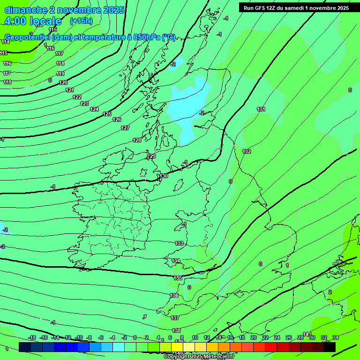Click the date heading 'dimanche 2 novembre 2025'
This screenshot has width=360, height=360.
(64, 10)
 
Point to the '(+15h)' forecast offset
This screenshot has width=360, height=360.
(81, 21)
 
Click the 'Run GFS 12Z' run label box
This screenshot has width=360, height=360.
(296, 8)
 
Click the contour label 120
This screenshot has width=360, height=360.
(63, 82)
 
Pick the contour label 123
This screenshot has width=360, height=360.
(84, 104)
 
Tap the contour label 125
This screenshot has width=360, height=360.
(107, 114)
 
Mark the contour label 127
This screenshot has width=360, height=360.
(125, 128)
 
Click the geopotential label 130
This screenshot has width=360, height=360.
(164, 176)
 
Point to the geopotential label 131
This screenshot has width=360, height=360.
(261, 109)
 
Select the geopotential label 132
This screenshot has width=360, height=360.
(247, 151)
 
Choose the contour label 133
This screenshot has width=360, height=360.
(179, 243)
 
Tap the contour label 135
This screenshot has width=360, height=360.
(178, 278)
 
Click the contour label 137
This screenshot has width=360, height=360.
(175, 318)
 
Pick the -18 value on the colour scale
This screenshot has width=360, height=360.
(32, 337)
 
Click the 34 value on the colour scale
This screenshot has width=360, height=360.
(336, 337)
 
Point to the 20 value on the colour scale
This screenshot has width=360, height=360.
(254, 337)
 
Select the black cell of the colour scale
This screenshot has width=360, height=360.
(330, 347)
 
